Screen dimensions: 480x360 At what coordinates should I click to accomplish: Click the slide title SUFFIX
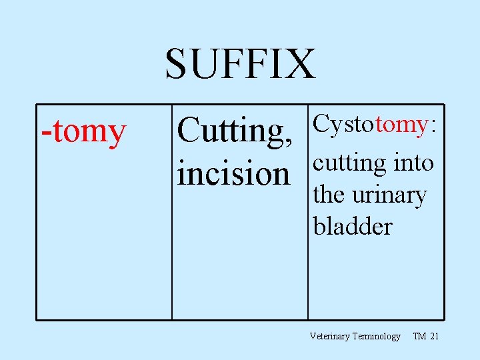240,64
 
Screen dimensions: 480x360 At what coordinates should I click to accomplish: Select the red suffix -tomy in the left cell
83,131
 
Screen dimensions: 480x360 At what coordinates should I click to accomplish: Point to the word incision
234,173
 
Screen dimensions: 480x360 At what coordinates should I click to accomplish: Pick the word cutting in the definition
350,164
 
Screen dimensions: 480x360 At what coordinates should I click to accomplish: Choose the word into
414,163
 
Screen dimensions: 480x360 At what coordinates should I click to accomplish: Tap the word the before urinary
328,195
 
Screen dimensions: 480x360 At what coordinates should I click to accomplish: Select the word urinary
388,196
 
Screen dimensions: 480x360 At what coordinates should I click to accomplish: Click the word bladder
353,226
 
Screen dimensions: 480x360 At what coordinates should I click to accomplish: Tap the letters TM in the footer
419,337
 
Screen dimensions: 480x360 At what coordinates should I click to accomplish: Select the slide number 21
435,337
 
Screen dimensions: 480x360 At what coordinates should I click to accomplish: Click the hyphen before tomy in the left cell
46,133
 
